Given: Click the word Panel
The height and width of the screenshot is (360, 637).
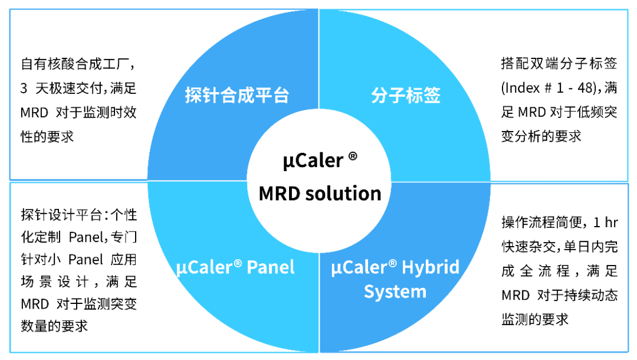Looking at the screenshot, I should coord(271,267).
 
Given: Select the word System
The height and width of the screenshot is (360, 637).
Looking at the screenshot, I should coord(395,292).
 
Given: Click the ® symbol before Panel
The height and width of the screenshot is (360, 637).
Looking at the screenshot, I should coord(238,263).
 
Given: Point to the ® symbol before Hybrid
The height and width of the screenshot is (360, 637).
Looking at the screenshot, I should coord(393,263).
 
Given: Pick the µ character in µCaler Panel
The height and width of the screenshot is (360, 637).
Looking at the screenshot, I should coord(181,269).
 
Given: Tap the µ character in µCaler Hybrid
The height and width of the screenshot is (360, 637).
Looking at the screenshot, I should coord(336,269).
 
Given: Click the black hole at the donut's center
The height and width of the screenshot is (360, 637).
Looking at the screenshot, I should coord(318,181).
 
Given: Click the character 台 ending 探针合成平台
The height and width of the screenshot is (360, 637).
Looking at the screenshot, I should coord(281,96).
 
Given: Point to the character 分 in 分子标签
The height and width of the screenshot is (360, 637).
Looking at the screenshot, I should coord(379,96).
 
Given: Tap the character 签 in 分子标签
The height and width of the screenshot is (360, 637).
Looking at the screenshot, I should coord(432,96).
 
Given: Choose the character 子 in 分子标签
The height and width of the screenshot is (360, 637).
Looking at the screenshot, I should coord(397,96).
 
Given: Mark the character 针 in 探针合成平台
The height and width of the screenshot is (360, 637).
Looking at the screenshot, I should coord(211,96).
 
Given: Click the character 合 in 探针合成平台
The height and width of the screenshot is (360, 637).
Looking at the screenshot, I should coord(229,96).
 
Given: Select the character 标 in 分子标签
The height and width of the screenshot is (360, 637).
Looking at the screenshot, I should coord(415,96).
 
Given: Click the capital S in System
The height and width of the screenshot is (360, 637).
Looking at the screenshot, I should coord(369,292).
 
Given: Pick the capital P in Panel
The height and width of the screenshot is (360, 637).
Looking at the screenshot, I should coord(252,267).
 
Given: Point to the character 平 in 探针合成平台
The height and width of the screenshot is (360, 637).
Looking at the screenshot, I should coord(263,96).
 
